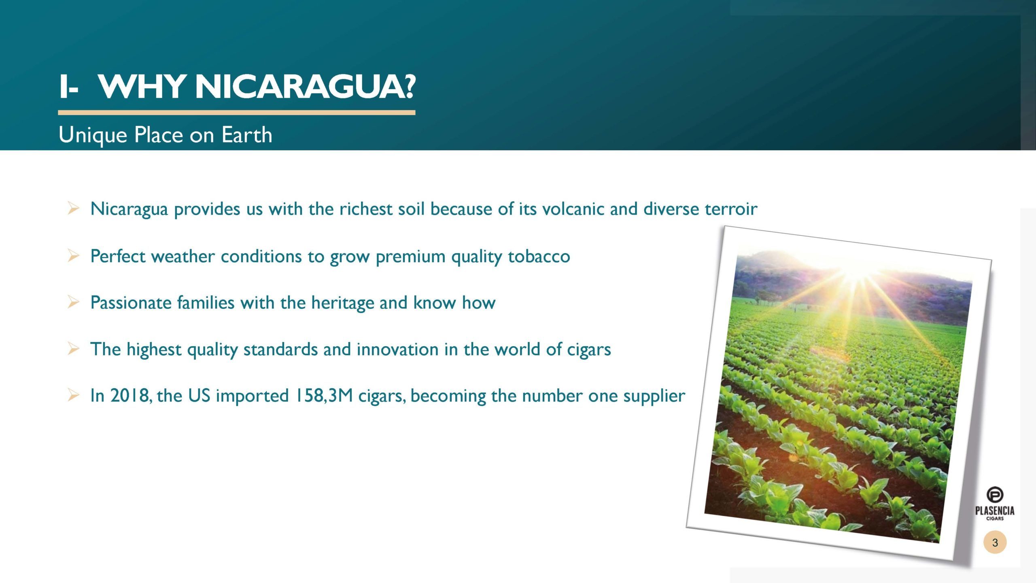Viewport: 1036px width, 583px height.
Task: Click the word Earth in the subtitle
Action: click(247, 134)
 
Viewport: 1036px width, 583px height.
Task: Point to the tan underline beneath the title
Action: click(237, 113)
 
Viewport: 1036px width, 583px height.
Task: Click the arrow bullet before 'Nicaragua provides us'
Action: click(73, 209)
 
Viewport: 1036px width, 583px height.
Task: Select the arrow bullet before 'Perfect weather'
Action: click(73, 256)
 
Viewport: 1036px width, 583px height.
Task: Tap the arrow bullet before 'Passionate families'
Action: click(73, 302)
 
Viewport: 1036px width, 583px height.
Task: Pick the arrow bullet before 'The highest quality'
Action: click(73, 349)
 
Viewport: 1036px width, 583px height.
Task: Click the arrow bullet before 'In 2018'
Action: click(73, 395)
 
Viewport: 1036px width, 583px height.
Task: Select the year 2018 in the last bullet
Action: click(129, 396)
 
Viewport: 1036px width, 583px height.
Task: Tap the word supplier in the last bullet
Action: click(654, 396)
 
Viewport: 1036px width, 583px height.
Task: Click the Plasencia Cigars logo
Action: click(994, 504)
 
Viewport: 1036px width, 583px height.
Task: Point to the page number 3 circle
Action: click(995, 543)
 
